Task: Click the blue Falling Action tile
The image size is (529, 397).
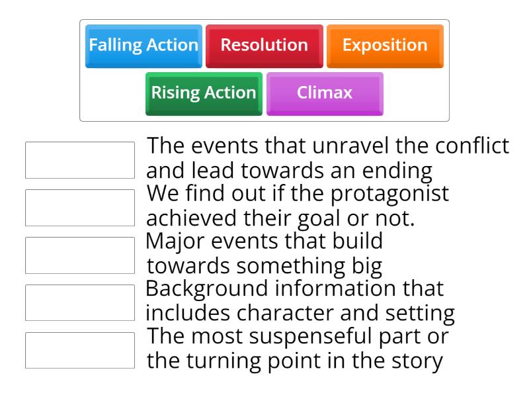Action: tap(143, 46)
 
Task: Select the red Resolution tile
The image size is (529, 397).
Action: tap(264, 46)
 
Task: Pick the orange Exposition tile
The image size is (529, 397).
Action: tap(385, 46)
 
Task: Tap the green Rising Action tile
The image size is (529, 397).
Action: tap(204, 93)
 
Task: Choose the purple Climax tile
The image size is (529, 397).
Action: tap(325, 93)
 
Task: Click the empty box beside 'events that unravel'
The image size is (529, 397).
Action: tap(79, 159)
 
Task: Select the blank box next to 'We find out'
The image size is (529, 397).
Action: tap(79, 207)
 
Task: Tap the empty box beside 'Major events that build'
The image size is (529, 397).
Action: tap(79, 255)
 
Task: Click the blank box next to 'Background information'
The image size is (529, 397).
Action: tap(79, 302)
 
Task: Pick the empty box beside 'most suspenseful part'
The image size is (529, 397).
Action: tap(79, 350)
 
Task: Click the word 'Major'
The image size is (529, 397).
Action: tap(174, 242)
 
